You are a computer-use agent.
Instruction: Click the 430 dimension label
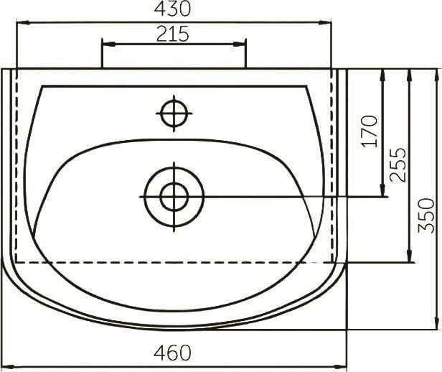click(x=172, y=9)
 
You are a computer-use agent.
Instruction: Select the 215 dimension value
click(x=172, y=34)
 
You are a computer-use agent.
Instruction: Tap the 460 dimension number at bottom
click(x=172, y=353)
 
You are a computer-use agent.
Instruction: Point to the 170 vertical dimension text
click(x=370, y=131)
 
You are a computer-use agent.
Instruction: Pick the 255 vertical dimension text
click(x=398, y=164)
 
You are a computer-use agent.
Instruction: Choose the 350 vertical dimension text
click(x=426, y=215)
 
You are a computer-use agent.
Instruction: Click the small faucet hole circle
click(x=174, y=113)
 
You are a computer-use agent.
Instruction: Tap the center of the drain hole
click(x=174, y=197)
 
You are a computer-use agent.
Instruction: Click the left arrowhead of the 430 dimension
click(x=24, y=23)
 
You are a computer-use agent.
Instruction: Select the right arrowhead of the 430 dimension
click(x=325, y=23)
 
